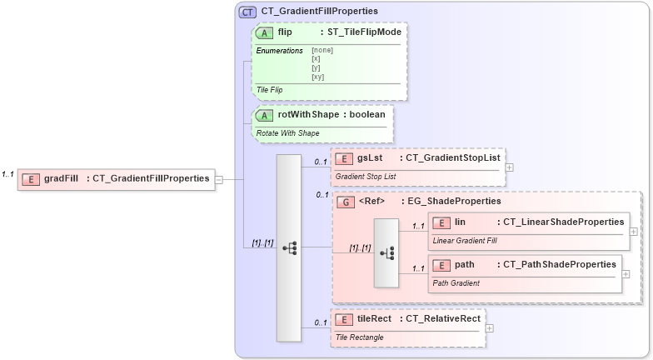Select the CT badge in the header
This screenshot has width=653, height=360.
click(247, 12)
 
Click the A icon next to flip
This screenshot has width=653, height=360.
click(265, 32)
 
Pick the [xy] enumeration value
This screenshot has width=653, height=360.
click(317, 77)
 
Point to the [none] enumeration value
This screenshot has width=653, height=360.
click(322, 50)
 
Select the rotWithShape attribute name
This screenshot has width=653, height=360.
click(308, 114)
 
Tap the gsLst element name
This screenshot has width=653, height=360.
click(369, 157)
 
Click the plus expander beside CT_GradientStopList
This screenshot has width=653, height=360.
click(510, 167)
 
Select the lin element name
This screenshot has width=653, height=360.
click(460, 222)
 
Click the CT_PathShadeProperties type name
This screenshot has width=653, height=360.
click(560, 264)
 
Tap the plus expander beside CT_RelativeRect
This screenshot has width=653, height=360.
click(490, 327)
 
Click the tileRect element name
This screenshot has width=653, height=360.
click(375, 318)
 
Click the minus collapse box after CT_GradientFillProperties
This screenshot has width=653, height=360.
click(219, 178)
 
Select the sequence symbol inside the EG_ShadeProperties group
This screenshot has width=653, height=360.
click(386, 252)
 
